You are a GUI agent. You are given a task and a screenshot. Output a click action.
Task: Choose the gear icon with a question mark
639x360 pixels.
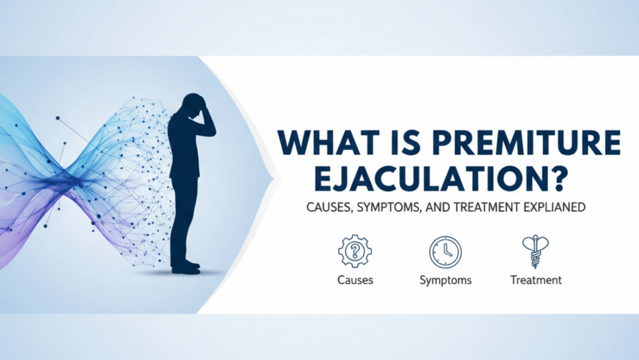[x=355, y=251]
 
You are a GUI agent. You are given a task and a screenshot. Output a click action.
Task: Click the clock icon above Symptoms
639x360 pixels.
[x=445, y=252]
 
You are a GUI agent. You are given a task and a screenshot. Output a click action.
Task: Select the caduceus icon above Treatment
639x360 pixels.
[x=535, y=251]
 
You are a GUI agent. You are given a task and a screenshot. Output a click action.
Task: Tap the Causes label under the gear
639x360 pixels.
[x=355, y=280]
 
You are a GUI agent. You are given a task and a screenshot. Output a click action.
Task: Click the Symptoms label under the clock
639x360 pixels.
[x=445, y=280]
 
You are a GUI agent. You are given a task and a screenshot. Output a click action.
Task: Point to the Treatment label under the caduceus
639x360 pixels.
[x=536, y=280]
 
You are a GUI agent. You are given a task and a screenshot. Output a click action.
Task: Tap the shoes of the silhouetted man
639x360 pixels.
[x=186, y=268]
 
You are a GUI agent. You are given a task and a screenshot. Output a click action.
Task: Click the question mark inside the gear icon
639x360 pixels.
[x=355, y=251]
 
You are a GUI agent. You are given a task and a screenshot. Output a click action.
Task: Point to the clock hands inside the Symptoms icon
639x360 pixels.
[x=447, y=251]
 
